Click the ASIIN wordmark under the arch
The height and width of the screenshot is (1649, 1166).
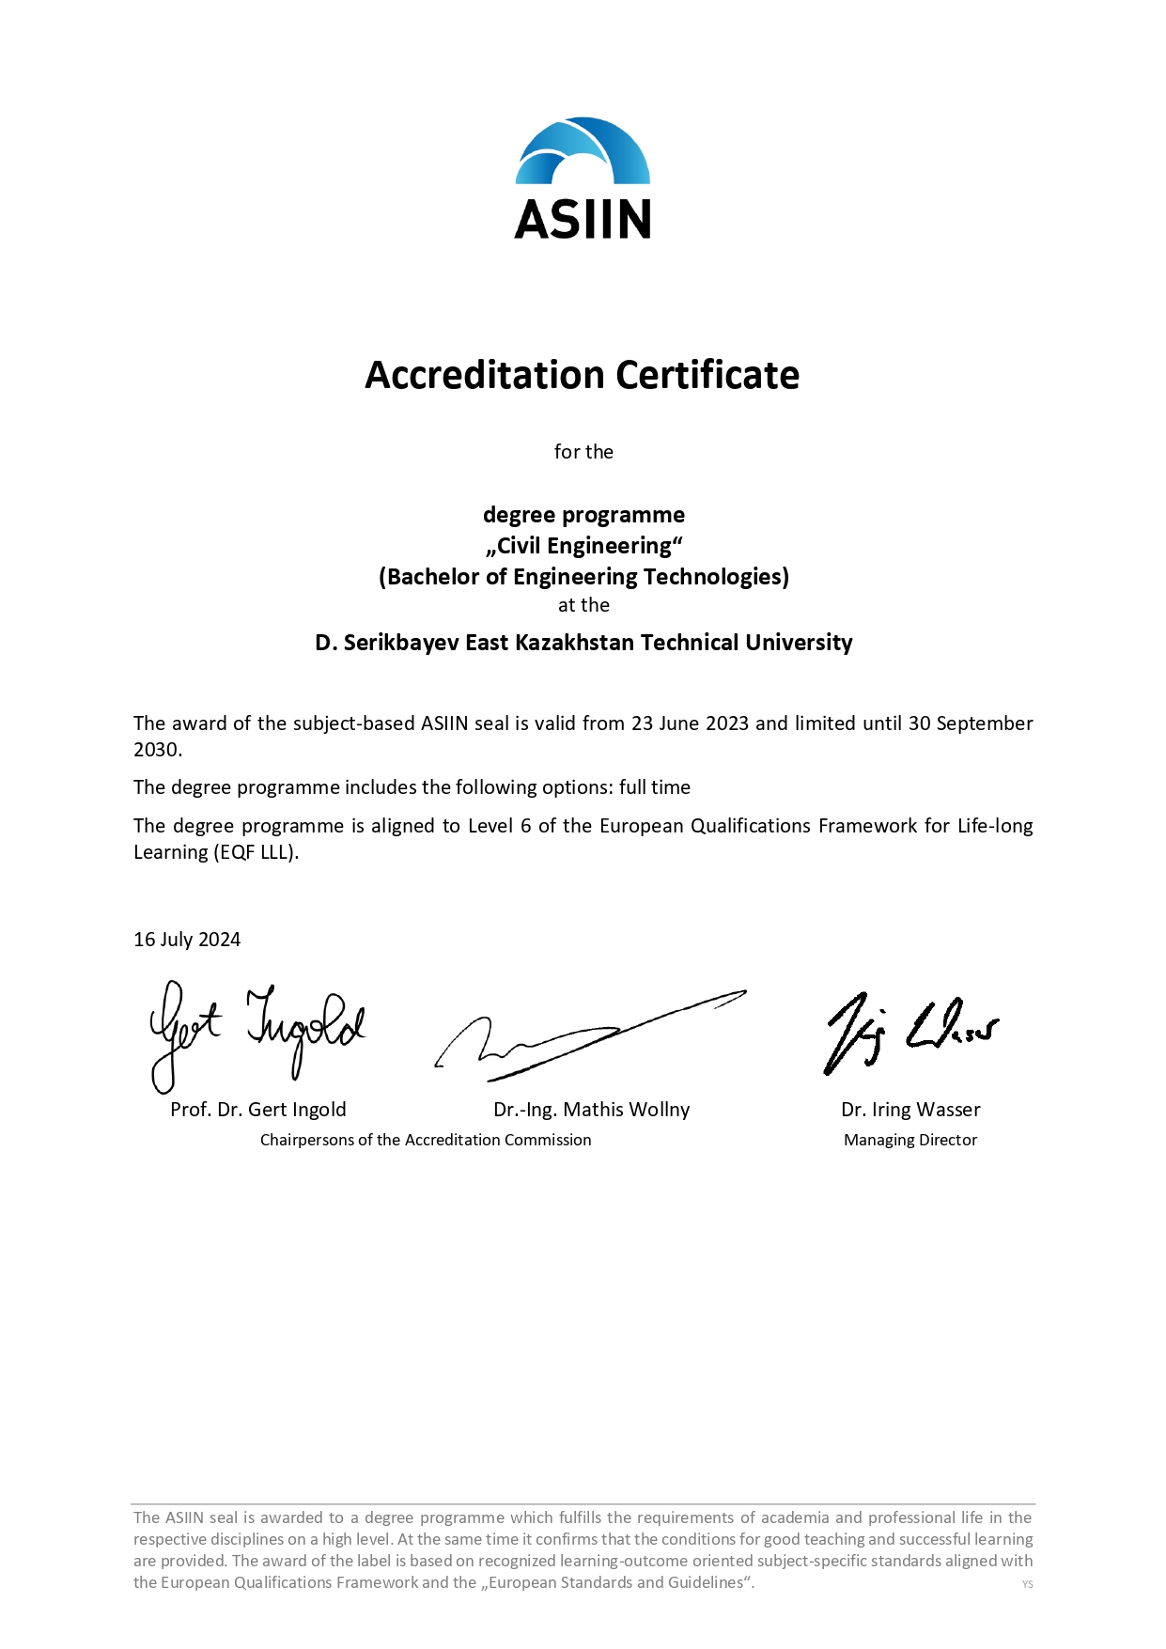583,219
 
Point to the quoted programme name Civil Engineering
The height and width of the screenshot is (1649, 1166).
584,546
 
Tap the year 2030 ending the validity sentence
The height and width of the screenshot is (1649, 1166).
156,750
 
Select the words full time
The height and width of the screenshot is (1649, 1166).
655,787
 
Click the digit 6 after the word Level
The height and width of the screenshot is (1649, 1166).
526,826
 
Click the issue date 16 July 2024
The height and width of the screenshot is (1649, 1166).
187,940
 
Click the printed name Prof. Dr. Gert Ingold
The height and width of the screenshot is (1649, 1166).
258,1110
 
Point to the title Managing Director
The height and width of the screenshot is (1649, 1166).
910,1140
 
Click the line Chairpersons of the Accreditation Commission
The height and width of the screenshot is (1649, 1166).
426,1140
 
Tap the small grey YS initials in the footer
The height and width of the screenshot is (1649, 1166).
1027,1584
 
